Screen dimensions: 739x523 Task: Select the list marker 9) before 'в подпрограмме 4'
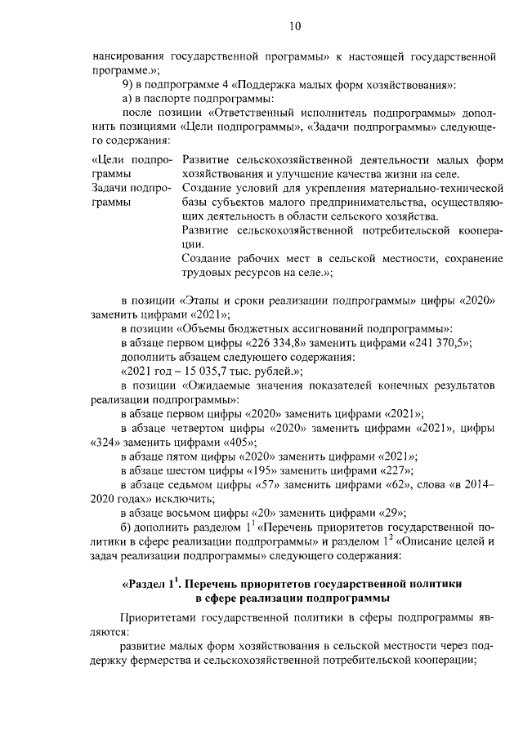[x=127, y=85]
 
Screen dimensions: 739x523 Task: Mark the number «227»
[x=392, y=470]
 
